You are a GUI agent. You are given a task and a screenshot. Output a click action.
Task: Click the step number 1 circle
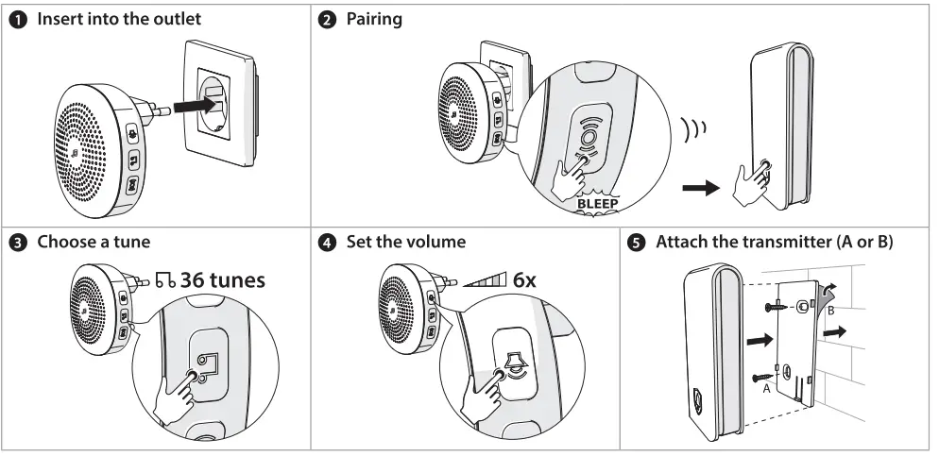[x=16, y=19]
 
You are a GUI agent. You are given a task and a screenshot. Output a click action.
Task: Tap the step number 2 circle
[x=327, y=19]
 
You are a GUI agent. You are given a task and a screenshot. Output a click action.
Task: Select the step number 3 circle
[x=16, y=242]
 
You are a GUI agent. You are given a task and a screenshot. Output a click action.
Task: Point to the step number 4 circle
[x=327, y=242]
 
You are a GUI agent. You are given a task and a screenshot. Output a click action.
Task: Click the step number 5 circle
[x=638, y=242]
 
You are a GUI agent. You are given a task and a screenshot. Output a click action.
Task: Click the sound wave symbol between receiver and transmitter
[x=692, y=127]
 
